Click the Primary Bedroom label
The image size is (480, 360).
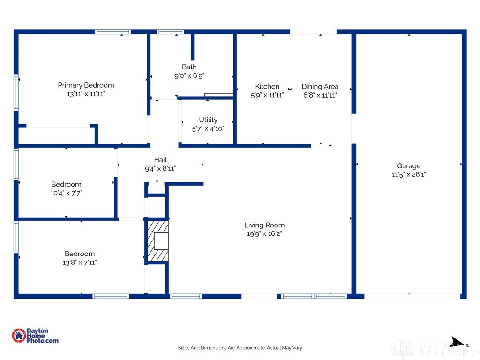[x=86, y=85]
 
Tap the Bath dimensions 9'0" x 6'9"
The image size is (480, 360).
[x=189, y=75]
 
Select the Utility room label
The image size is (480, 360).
[x=208, y=120]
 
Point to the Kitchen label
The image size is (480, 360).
[x=267, y=86]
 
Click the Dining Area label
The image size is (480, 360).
[x=320, y=87]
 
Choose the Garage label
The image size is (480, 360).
[x=409, y=166]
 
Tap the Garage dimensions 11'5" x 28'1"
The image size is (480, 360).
[x=409, y=174]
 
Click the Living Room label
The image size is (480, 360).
[x=264, y=225]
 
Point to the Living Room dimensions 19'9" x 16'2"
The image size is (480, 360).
[x=264, y=233]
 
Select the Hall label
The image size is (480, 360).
[x=160, y=159]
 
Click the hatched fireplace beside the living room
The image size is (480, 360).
[x=158, y=241]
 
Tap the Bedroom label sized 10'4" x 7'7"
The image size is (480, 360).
[x=66, y=184]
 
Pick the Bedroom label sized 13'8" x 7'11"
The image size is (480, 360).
[x=80, y=254]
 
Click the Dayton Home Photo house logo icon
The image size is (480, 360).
[x=19, y=336]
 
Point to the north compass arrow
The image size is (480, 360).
[x=458, y=342]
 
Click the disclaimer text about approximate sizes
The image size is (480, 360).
[x=240, y=348]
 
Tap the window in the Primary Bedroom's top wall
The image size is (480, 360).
[x=112, y=31]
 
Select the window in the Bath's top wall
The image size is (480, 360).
[x=171, y=31]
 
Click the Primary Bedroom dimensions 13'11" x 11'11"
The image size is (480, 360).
[x=86, y=94]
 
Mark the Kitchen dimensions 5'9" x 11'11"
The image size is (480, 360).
[x=267, y=95]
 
